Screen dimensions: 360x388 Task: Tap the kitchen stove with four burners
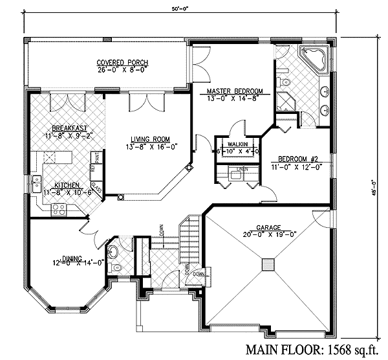pyautogui.click(x=58, y=208)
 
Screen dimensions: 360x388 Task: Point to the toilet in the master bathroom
pyautogui.click(x=285, y=82)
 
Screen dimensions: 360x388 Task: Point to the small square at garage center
pyautogui.click(x=268, y=264)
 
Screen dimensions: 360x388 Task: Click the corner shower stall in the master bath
pyautogui.click(x=285, y=102)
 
